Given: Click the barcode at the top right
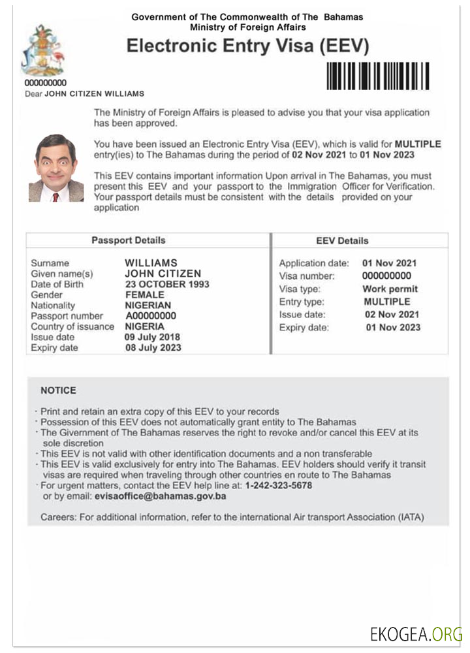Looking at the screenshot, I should click(x=378, y=75).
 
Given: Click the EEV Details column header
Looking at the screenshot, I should click(x=342, y=241).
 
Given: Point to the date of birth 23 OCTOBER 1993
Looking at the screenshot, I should click(x=167, y=285).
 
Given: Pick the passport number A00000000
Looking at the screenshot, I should click(x=151, y=316).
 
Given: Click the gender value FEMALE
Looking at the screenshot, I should click(x=144, y=295).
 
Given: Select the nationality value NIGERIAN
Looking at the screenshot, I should click(x=148, y=306).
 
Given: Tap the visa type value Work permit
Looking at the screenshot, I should click(x=390, y=289).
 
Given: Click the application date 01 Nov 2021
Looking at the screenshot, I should click(x=390, y=263).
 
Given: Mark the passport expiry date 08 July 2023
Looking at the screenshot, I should click(x=153, y=348).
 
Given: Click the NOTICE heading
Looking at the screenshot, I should click(x=58, y=390).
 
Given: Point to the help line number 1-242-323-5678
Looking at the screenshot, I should click(x=279, y=486).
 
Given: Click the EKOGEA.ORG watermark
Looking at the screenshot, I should click(x=416, y=634).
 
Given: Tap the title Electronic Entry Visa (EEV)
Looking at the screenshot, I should click(x=247, y=46).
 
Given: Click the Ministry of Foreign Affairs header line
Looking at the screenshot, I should click(x=247, y=27).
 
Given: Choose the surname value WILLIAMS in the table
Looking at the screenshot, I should click(x=151, y=263).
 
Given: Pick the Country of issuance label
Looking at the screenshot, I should click(x=72, y=326).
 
